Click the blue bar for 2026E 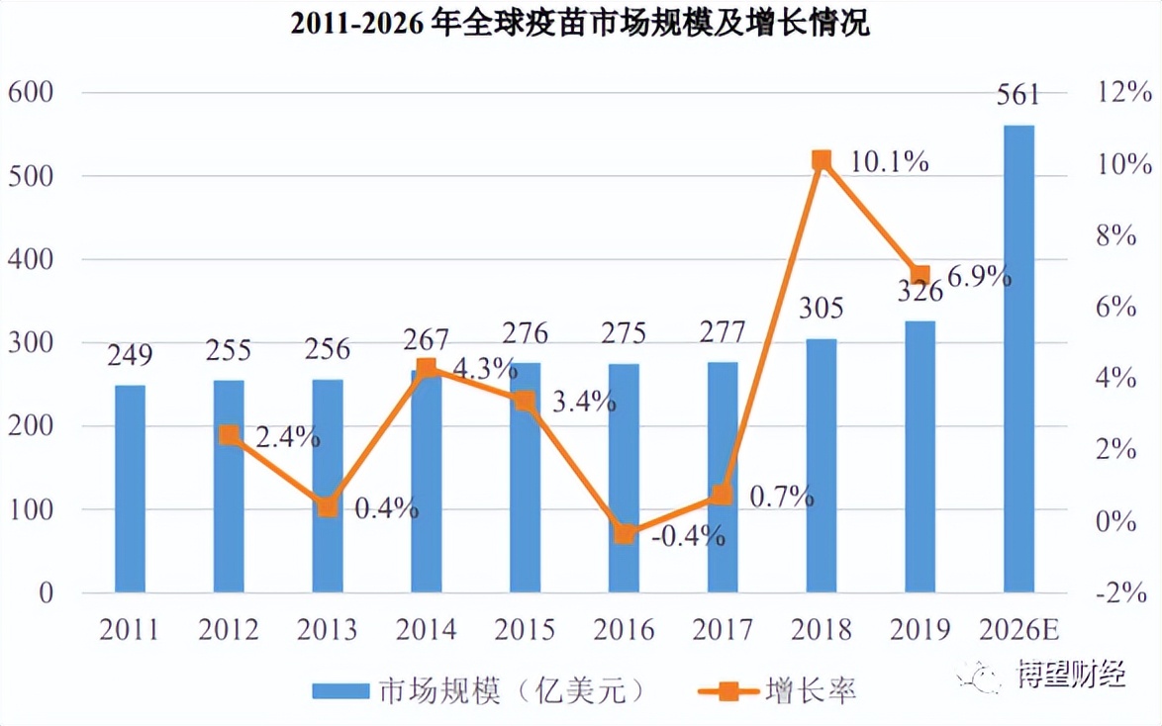click(1018, 359)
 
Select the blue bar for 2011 click(130, 489)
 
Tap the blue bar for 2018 click(821, 466)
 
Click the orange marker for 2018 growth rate click(822, 160)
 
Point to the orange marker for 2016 click(624, 534)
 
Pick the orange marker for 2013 click(328, 507)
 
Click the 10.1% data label click(889, 161)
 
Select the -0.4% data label click(689, 536)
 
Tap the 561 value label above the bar click(1018, 96)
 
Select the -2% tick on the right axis click(1120, 593)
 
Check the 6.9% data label click(979, 277)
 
